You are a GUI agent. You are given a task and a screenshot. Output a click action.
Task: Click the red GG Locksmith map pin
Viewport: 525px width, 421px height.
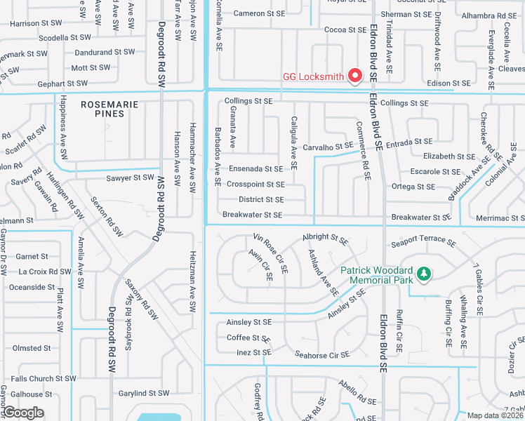click(355, 75)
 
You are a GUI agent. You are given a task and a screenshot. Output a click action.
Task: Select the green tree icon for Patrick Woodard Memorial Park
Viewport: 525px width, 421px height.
click(423, 273)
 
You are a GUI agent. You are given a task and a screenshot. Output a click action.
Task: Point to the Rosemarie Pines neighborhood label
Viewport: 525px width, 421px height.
click(109, 109)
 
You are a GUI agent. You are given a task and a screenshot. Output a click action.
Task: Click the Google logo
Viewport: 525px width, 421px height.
click(23, 413)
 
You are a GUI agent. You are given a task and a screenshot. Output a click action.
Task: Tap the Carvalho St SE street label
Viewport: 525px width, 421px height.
click(328, 147)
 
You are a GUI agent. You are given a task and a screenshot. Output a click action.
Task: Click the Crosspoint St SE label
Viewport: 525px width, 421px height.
click(255, 185)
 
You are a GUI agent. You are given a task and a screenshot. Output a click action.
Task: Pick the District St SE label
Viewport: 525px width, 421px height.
click(261, 200)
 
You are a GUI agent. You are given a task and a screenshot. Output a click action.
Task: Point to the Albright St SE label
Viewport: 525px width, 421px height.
click(325, 239)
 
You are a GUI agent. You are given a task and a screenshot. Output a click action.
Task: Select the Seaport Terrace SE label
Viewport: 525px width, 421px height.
click(424, 240)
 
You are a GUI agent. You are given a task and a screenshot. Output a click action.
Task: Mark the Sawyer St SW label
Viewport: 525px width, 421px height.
click(130, 178)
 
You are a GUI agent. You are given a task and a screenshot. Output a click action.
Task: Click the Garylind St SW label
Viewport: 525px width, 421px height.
click(144, 393)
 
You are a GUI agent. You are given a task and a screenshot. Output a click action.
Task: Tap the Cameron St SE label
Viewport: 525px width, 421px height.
click(259, 13)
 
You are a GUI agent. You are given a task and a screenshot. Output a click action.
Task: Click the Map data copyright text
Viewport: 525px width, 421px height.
click(496, 415)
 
